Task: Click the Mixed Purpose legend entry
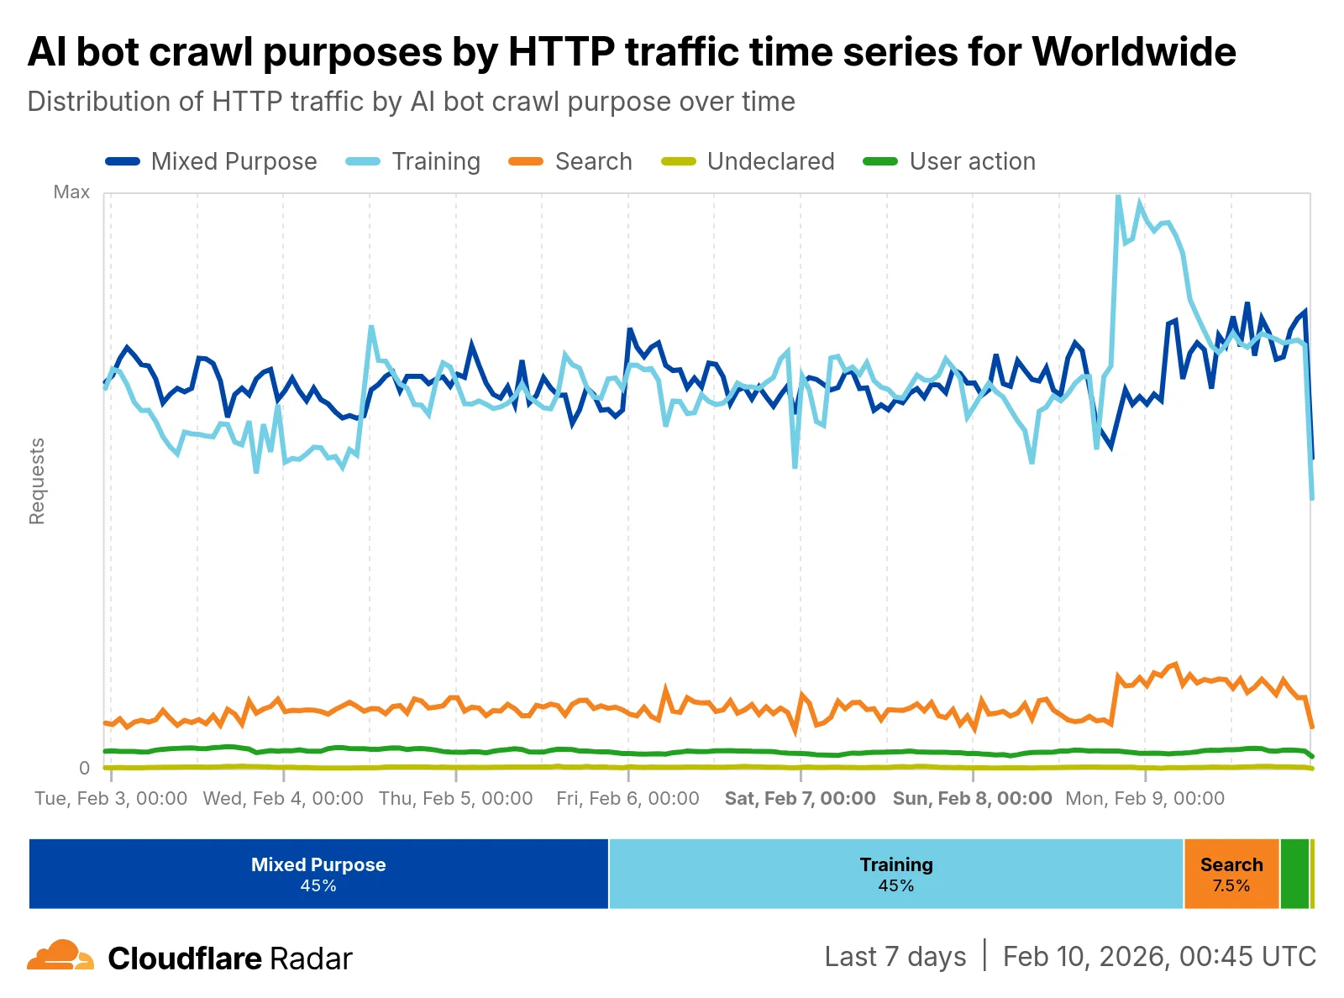[212, 161]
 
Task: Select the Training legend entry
[413, 161]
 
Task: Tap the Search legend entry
[571, 161]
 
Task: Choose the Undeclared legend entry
[748, 161]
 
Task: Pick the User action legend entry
[950, 161]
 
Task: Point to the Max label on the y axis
[71, 192]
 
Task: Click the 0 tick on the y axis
[84, 768]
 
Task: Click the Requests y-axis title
[37, 481]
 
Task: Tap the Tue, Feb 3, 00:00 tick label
[111, 798]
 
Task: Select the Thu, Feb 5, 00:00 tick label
[456, 798]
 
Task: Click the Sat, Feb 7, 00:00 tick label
[801, 798]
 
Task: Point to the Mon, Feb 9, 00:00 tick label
[1145, 798]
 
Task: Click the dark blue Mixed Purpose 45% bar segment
[318, 874]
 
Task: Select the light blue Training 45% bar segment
[896, 874]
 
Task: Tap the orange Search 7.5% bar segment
[1231, 874]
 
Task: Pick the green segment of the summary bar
[1294, 874]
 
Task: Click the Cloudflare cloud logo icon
[60, 956]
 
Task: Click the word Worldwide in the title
[1134, 52]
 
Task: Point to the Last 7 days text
[895, 957]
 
